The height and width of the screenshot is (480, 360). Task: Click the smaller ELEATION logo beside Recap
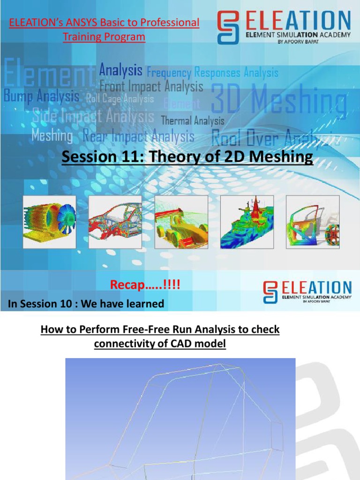point(307,292)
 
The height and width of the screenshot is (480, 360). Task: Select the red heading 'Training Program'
point(104,37)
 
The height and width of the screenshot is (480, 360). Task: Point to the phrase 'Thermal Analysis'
point(193,121)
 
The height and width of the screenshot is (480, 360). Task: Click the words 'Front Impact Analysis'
point(151,87)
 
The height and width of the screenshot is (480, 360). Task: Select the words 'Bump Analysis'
point(41,97)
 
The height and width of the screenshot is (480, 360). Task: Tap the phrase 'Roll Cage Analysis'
point(120,99)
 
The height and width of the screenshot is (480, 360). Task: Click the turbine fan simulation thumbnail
point(50,222)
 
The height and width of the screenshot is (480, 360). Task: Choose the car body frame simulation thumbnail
point(115,222)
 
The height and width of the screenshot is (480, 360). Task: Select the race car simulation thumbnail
point(181,222)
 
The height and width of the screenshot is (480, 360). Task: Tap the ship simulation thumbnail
point(247,222)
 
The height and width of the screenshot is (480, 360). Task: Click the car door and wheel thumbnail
point(313,222)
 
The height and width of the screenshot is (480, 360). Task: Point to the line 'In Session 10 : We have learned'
point(86,304)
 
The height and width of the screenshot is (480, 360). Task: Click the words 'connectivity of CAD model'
point(160,344)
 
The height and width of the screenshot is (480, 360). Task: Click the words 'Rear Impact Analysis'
point(138,136)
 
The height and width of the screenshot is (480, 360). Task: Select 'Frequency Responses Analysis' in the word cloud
point(212,73)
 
